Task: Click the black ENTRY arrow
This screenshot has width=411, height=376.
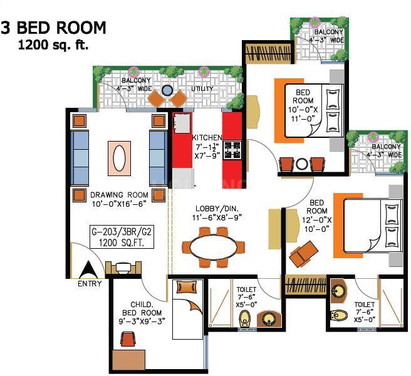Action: [x=88, y=270]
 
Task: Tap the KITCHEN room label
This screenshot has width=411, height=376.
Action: [x=207, y=137]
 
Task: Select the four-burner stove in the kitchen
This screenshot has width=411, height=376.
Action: [x=232, y=150]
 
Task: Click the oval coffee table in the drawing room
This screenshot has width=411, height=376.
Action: [x=119, y=158]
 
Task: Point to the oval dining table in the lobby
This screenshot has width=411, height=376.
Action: [x=212, y=248]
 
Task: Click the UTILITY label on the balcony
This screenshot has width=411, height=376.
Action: [x=202, y=88]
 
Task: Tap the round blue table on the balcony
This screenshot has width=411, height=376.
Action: [x=167, y=90]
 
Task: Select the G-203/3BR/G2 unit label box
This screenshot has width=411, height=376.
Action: [x=122, y=237]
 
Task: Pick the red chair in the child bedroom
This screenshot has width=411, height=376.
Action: [x=128, y=338]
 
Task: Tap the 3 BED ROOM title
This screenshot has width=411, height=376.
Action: [x=53, y=28]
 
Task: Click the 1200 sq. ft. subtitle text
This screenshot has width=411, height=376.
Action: [x=53, y=45]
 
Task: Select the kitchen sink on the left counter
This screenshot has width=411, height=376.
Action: [x=182, y=123]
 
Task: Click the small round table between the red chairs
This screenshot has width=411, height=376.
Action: [x=302, y=164]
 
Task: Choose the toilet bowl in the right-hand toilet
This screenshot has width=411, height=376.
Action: [x=339, y=315]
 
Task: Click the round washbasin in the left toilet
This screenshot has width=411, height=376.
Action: [x=268, y=318]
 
